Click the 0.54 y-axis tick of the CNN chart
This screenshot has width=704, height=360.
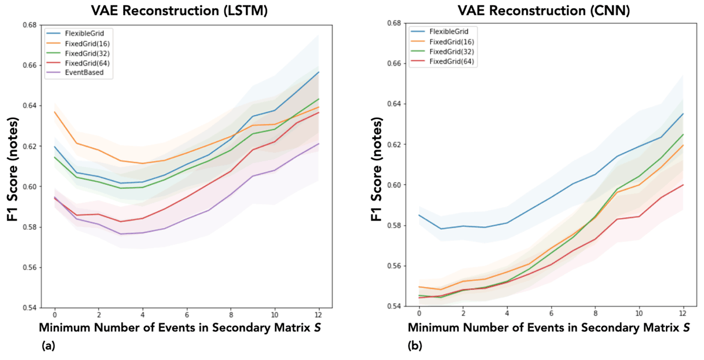(x=394, y=307)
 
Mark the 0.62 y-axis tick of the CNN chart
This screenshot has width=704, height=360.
(x=394, y=144)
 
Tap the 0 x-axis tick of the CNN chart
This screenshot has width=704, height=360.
(x=419, y=314)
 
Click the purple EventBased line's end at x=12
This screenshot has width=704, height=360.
(x=318, y=144)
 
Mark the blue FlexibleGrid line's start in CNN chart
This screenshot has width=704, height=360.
(x=419, y=215)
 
